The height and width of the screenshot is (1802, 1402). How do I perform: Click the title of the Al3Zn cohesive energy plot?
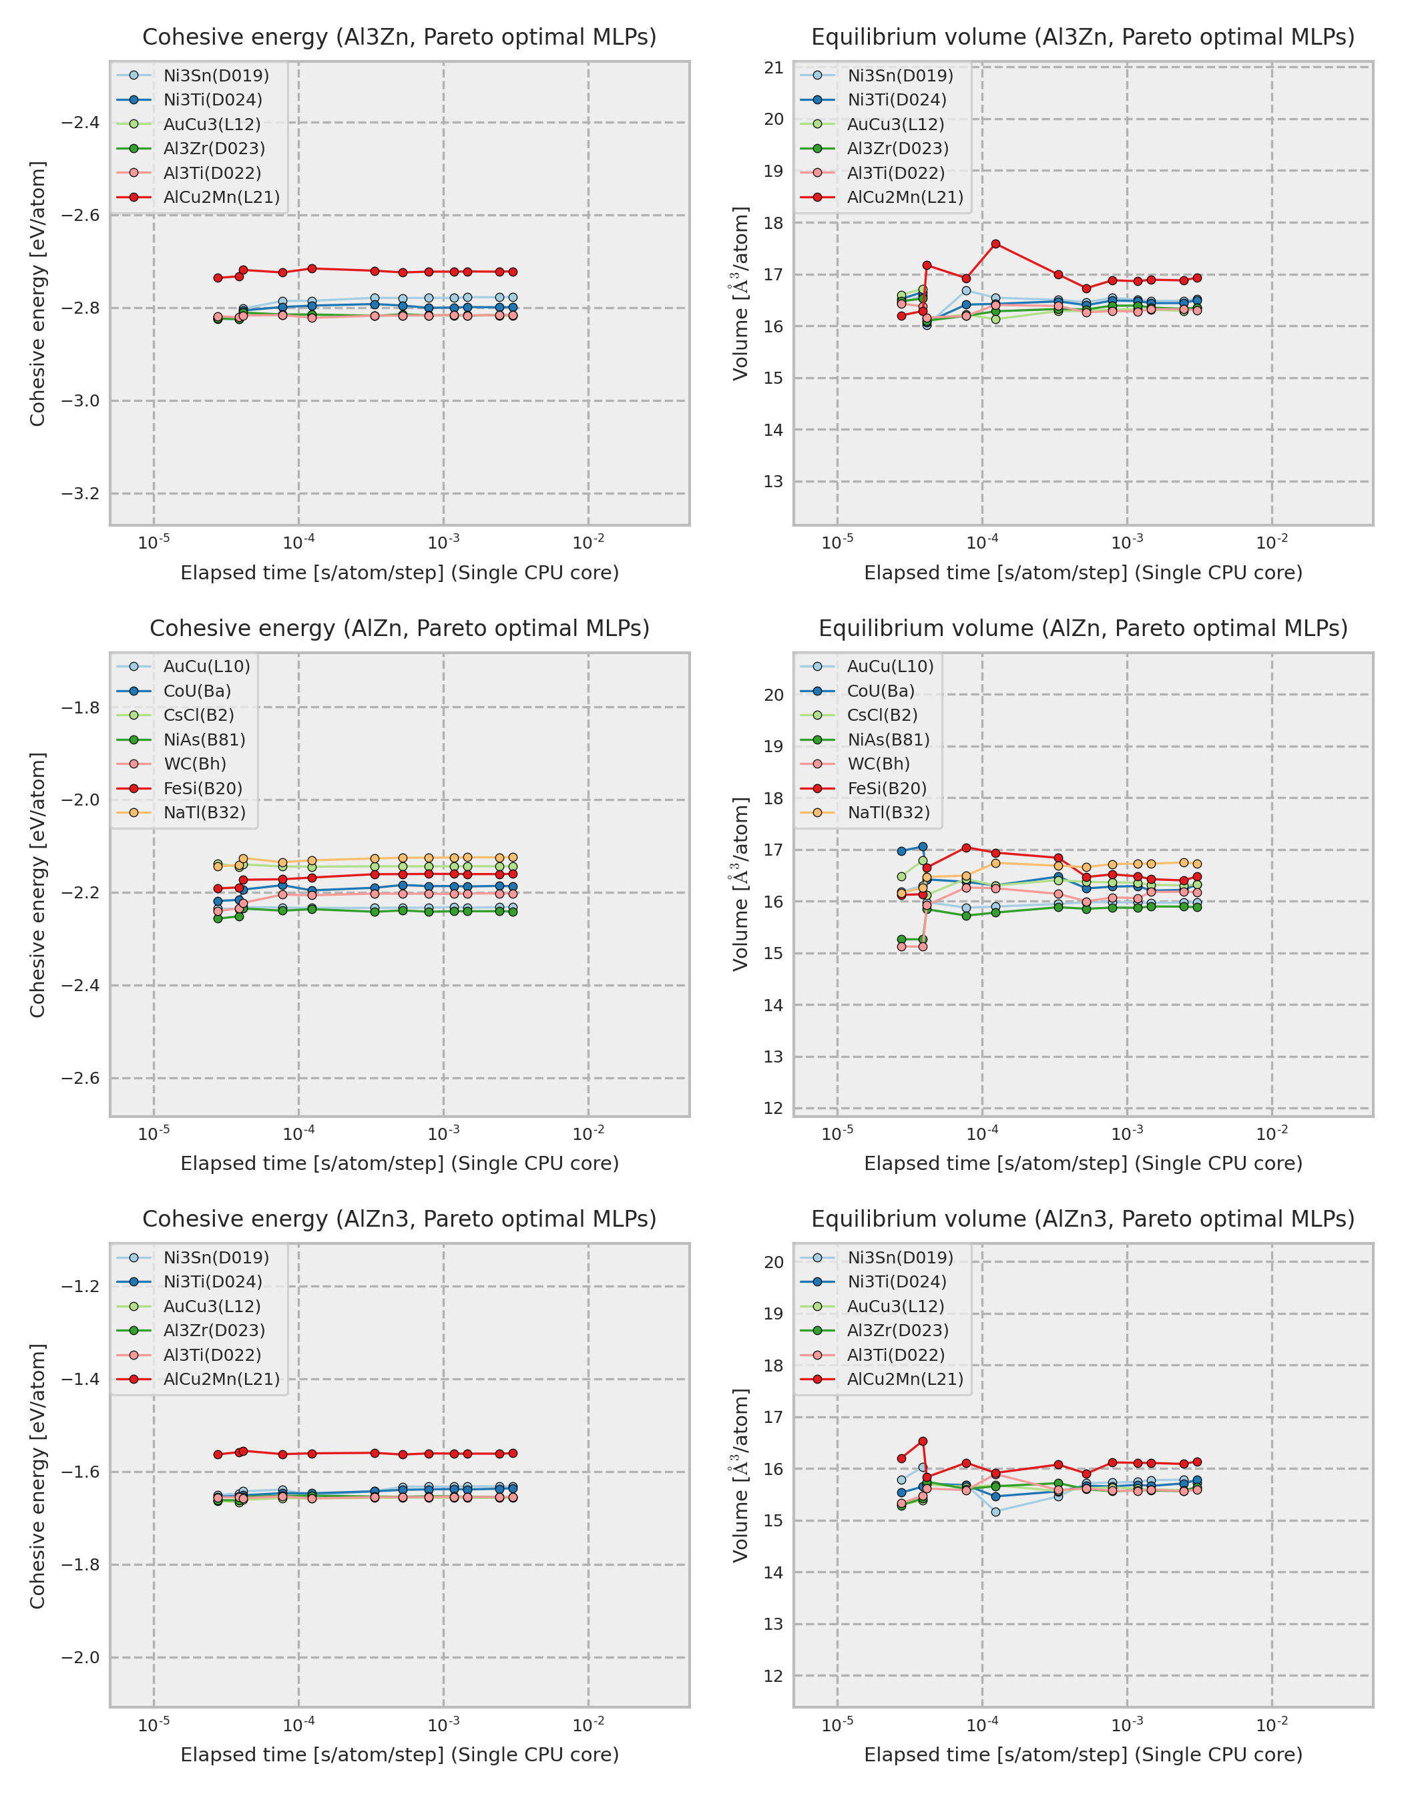399,37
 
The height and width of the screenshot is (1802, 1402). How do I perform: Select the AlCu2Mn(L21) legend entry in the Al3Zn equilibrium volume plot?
905,197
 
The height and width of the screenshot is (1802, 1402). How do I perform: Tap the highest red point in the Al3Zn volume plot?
996,244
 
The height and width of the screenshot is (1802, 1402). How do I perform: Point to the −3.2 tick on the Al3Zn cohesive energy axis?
80,493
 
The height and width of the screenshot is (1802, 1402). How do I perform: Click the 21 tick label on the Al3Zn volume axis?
773,67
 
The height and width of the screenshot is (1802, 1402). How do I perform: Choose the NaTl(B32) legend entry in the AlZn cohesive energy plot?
204,813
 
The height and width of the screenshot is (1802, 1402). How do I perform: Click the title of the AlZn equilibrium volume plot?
1083,628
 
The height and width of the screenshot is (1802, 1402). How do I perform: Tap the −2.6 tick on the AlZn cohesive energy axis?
80,1079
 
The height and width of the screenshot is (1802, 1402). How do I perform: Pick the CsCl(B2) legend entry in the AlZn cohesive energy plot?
198,715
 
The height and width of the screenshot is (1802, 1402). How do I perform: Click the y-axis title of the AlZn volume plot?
741,884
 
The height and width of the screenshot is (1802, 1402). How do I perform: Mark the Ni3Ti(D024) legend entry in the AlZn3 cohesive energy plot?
212,1281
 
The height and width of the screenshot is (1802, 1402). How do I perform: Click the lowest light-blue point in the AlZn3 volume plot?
996,1512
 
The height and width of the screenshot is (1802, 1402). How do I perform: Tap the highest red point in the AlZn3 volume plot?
923,1442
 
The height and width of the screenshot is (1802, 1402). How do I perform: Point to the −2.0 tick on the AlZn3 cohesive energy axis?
80,1658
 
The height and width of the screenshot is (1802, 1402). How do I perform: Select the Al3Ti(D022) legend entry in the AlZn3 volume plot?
895,1355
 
